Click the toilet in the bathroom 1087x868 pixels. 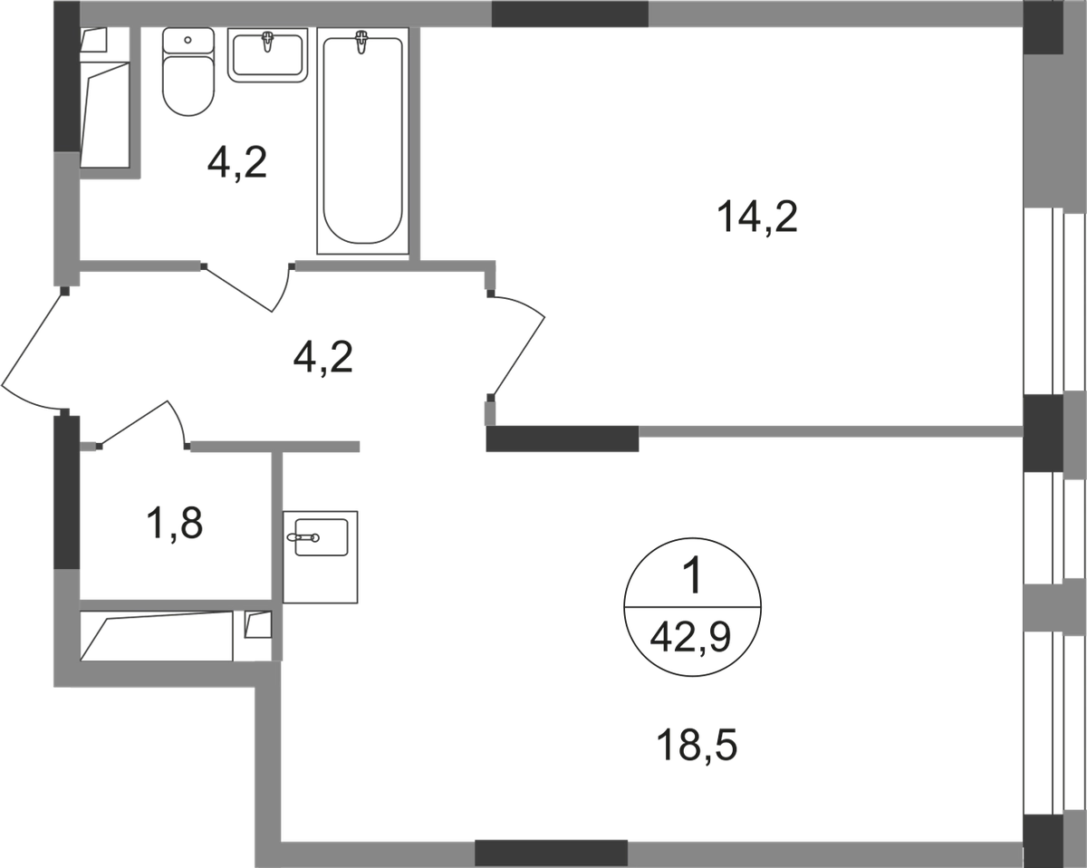click(x=188, y=72)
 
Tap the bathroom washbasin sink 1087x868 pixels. click(x=268, y=54)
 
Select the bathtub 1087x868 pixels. click(x=362, y=140)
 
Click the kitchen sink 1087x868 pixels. click(x=321, y=557)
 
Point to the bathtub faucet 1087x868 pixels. click(x=361, y=42)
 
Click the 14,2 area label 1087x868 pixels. click(x=757, y=217)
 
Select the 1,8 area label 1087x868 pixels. click(x=174, y=524)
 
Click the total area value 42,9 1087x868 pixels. click(x=690, y=638)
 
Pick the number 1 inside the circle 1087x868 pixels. click(x=692, y=575)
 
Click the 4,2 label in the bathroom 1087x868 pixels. click(x=237, y=163)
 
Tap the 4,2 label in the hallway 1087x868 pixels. click(x=322, y=358)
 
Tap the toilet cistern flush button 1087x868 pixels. click(x=188, y=40)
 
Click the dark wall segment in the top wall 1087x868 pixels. click(x=570, y=14)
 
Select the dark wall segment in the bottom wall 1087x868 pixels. click(x=551, y=853)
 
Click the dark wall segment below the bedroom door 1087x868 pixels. click(x=563, y=438)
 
